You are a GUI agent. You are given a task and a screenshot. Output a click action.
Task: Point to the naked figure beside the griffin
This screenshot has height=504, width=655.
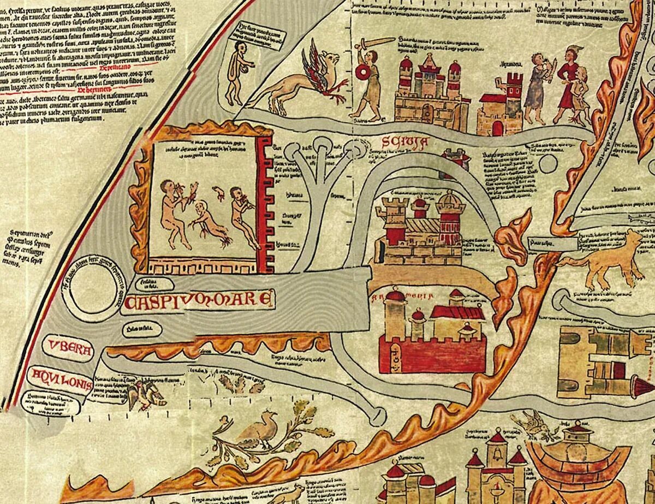click(x=237, y=71)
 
